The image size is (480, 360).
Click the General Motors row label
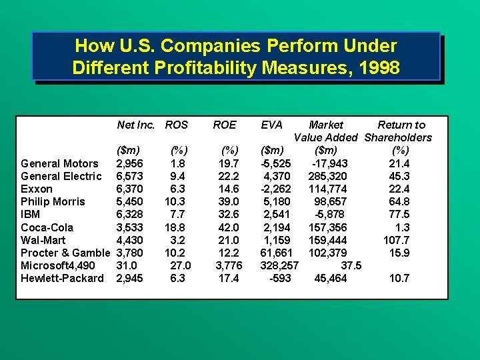59,164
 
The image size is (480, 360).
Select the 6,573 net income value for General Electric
129,177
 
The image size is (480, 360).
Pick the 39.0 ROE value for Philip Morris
230,202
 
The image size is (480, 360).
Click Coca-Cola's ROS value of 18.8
177,227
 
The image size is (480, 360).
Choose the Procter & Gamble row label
65,253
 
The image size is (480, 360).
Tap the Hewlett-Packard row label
62,278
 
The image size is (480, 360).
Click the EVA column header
271,125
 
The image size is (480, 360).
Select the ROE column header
224,125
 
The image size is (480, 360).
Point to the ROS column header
177,125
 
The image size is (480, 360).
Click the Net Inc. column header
136,125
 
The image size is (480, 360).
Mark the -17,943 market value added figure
329,164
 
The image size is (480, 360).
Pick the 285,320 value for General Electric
327,177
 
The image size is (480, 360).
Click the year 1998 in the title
377,68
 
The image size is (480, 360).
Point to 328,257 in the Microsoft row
279,265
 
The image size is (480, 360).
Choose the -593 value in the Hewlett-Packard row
279,278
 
